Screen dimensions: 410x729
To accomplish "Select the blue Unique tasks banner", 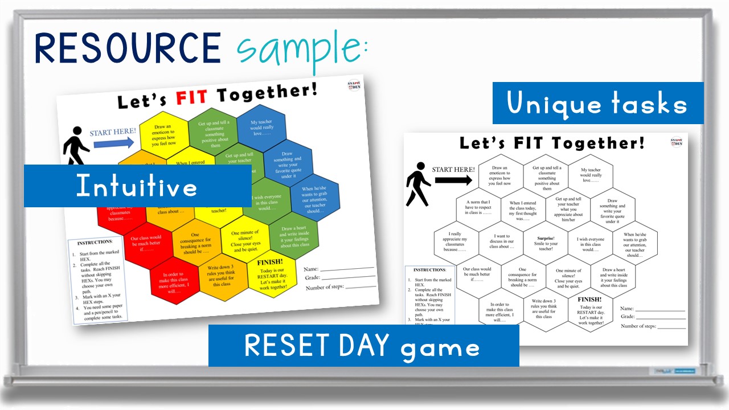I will (x=597, y=104).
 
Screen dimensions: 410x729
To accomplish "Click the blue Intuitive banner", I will (x=137, y=186).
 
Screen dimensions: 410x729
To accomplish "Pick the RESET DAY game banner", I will (x=363, y=346).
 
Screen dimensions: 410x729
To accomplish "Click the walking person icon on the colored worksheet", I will (x=75, y=150).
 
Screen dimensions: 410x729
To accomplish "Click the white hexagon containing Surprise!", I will (x=546, y=244).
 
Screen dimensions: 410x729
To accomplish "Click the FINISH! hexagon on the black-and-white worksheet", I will (x=590, y=311).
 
